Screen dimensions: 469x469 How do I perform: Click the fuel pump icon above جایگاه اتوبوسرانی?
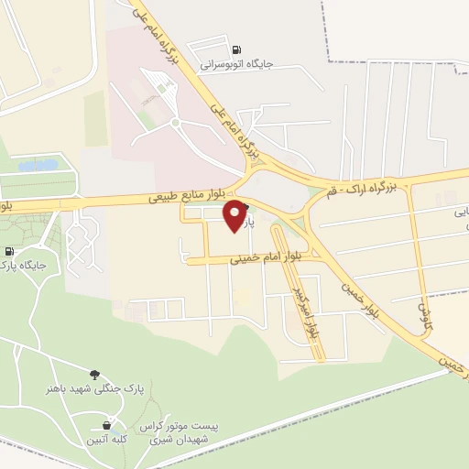click(237, 49)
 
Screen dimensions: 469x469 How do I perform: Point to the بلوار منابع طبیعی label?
click(189, 197)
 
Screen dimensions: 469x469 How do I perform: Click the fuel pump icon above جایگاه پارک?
click(10, 252)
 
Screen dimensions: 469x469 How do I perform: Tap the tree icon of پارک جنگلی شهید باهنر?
click(94, 374)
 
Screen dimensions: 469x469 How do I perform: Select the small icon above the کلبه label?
click(107, 425)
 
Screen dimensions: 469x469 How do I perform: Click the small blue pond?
click(37, 166)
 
